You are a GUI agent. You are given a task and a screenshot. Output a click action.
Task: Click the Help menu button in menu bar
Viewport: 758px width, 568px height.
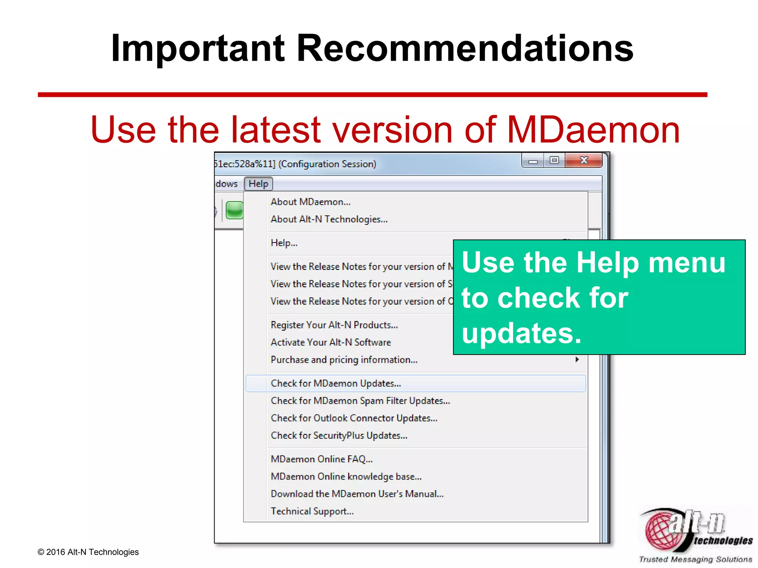(258, 184)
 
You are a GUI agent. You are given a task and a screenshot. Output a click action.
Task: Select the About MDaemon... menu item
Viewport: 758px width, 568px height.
(310, 202)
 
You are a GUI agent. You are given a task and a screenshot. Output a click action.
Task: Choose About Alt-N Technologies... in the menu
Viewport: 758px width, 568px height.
(329, 219)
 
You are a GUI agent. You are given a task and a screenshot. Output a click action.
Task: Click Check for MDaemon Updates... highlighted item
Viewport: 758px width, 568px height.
(336, 383)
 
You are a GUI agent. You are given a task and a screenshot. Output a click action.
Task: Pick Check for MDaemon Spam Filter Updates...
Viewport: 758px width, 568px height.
(360, 401)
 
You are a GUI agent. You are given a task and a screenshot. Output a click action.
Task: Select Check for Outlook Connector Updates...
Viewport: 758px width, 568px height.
(354, 418)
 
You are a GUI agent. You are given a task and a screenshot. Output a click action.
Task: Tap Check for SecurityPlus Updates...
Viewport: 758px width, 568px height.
(339, 436)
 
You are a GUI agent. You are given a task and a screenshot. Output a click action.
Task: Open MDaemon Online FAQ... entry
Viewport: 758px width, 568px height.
(321, 459)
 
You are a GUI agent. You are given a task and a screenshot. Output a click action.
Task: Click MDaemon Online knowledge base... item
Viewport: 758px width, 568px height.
(346, 477)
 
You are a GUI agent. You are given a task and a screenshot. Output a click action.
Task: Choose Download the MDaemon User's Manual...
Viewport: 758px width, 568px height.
(357, 494)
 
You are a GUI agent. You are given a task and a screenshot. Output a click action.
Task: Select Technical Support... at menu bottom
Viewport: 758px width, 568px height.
(312, 511)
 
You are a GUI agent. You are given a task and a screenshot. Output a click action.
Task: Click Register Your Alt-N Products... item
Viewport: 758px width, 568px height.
(334, 325)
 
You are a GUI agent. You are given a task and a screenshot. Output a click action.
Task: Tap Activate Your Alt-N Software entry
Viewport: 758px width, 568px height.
(331, 342)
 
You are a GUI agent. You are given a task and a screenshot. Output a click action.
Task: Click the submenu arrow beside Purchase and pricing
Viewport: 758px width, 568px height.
(577, 359)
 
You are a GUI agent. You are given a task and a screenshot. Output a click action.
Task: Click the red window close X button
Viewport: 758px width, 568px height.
(584, 160)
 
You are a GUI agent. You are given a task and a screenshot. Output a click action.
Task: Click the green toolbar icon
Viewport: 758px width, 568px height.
(235, 210)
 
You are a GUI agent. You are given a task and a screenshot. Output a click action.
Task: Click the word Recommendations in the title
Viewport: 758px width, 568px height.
(465, 48)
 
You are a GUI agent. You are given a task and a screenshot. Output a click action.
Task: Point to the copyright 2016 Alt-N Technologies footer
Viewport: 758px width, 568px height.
(88, 552)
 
